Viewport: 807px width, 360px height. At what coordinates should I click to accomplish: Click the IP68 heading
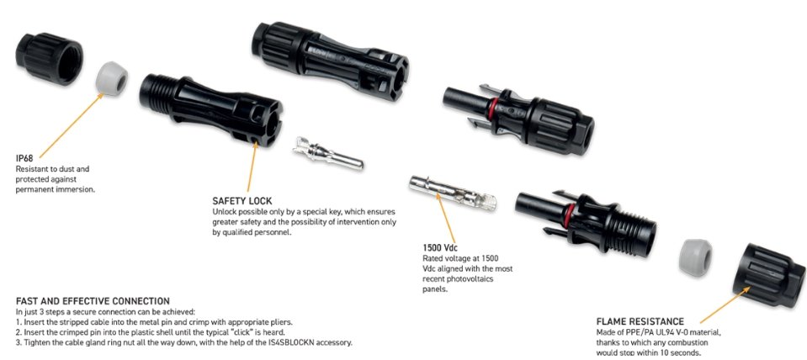point(24,159)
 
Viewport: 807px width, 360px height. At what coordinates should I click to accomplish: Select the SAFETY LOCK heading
point(242,201)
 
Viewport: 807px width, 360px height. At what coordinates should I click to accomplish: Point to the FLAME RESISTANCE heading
point(640,322)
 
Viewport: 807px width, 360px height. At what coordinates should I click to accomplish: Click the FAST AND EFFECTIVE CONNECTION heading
point(93,301)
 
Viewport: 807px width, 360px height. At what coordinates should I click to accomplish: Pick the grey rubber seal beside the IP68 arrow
point(112,79)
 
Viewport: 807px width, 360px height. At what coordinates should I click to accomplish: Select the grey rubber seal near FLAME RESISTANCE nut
point(695,257)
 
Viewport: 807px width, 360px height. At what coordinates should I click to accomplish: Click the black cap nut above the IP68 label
point(49,58)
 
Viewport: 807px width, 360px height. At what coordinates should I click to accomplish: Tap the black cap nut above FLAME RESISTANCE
point(769,275)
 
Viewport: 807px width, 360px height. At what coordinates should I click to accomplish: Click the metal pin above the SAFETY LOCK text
point(328,153)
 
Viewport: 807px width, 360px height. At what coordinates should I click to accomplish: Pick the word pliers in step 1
point(282,322)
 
